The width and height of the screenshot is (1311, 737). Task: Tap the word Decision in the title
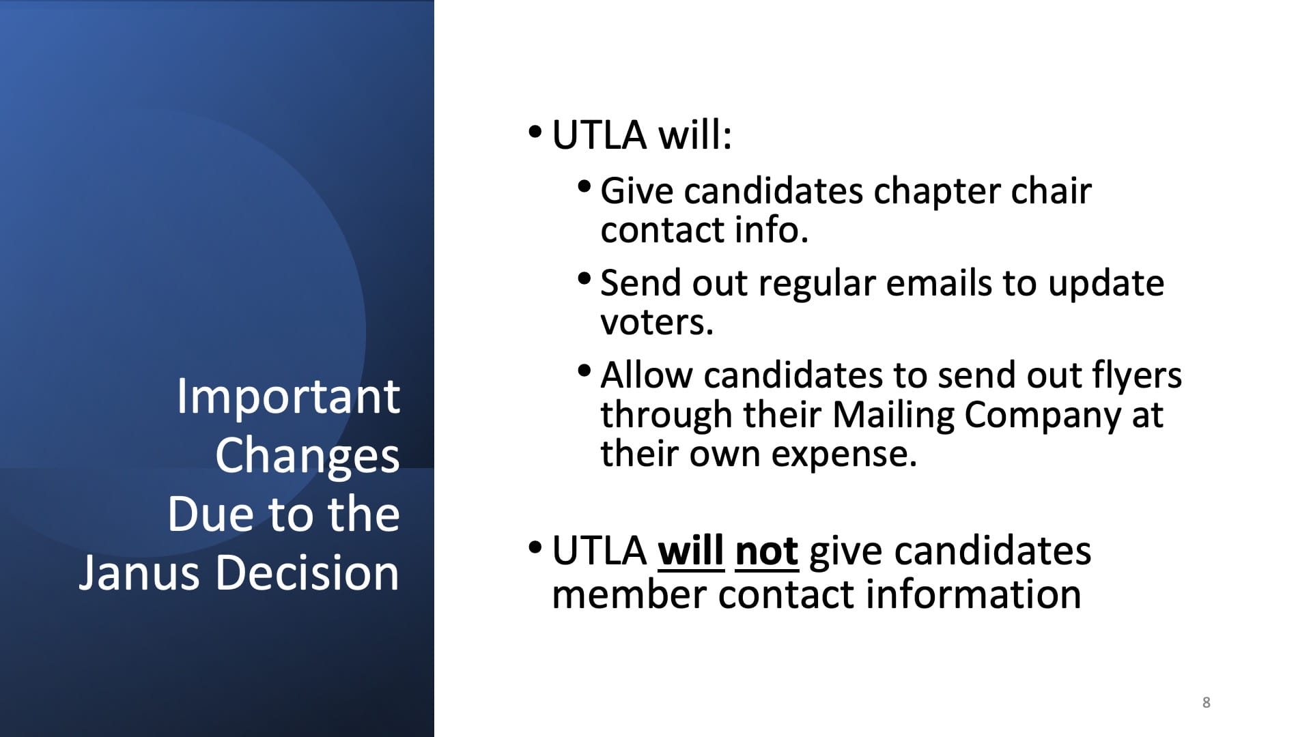307,572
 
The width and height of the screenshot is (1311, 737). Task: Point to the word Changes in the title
307,456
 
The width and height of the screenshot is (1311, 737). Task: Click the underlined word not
767,551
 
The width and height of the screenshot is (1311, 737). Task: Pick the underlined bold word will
691,551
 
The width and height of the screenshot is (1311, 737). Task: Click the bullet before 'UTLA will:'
535,130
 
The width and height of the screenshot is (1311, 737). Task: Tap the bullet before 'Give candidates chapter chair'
584,186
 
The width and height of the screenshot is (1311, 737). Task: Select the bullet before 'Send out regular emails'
584,278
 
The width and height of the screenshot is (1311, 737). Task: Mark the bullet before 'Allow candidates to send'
584,371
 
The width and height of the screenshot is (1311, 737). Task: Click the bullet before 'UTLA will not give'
535,547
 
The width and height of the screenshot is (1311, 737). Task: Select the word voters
657,323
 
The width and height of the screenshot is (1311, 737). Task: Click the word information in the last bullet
973,594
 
